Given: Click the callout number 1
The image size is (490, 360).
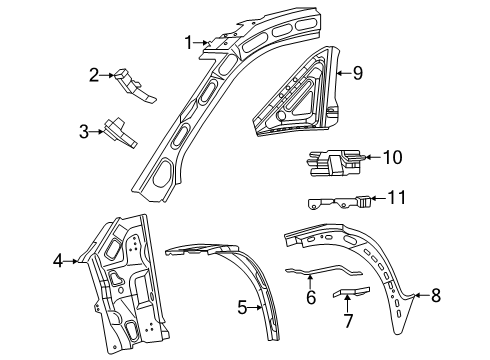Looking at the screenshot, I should [188, 41].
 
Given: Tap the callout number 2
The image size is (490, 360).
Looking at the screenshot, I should [94, 73].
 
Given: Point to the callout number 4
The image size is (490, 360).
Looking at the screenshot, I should [58, 262].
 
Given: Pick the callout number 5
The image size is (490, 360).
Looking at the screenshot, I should [240, 307].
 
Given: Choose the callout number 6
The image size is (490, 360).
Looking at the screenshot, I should [311, 298].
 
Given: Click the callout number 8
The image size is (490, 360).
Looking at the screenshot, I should [435, 295].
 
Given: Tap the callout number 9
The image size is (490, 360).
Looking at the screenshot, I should [356, 72].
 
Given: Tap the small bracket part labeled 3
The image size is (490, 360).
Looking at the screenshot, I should [125, 131].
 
